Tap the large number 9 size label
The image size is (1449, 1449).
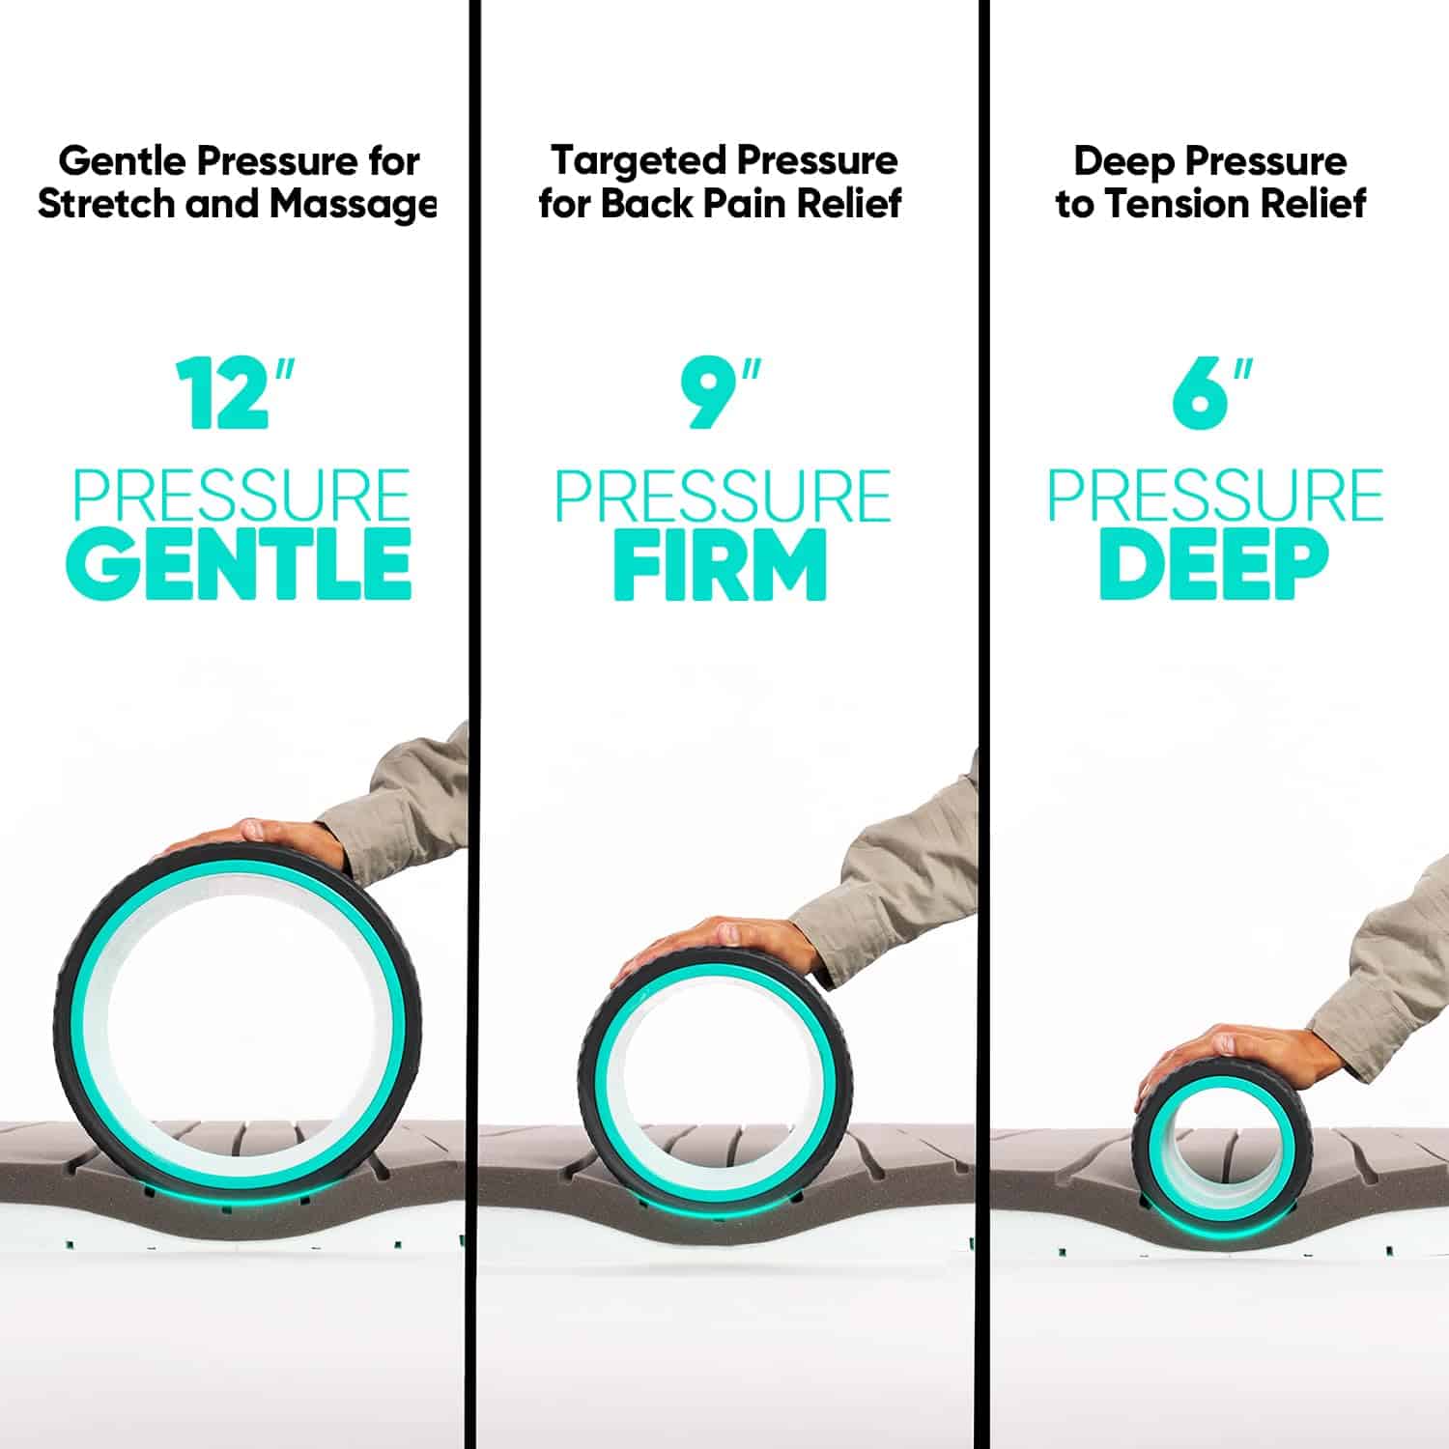point(710,394)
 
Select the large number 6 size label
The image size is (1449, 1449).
point(1200,394)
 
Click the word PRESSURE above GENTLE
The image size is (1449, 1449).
point(241,496)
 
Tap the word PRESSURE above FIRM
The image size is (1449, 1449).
point(723,496)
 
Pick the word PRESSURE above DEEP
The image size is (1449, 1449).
point(1215,496)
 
